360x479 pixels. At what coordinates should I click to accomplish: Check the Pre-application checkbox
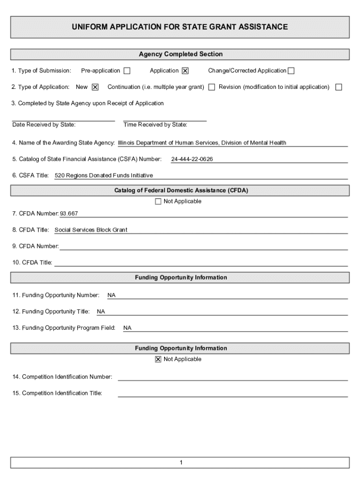pos(127,71)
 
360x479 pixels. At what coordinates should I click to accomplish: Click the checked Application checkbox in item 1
pos(185,71)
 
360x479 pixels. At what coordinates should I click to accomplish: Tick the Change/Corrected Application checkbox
pos(291,71)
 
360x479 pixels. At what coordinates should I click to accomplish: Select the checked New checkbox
pos(95,87)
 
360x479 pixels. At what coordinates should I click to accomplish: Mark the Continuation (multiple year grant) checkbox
pos(212,87)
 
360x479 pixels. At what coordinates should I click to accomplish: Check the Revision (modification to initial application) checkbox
pos(338,87)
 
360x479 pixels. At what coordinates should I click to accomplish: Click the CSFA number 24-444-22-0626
pos(192,160)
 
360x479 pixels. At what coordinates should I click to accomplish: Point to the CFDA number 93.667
pos(69,214)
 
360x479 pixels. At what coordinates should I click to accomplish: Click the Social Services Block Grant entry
pos(91,230)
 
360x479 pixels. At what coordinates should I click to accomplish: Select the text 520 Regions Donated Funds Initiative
pos(104,176)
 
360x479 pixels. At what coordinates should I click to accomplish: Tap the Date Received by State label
pos(44,125)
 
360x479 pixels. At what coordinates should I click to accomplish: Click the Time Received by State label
pos(155,125)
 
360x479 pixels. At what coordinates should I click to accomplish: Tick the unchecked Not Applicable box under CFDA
pos(158,202)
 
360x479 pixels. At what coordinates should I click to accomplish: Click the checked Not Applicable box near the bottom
pos(158,359)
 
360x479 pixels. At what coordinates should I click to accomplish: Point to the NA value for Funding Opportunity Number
pos(111,296)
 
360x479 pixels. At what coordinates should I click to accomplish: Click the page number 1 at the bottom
pos(180,463)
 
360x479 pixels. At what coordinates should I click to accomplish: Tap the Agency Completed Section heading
pos(180,54)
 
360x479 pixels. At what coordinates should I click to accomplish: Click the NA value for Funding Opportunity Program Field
pos(127,328)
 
